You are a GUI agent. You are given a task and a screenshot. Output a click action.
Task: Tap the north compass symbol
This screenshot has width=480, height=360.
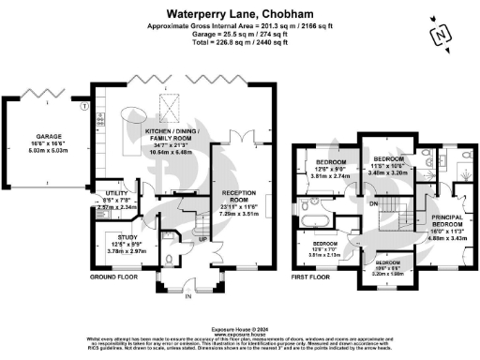point(437,36)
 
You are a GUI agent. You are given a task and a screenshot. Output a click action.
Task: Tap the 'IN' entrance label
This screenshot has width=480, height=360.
point(186,294)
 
